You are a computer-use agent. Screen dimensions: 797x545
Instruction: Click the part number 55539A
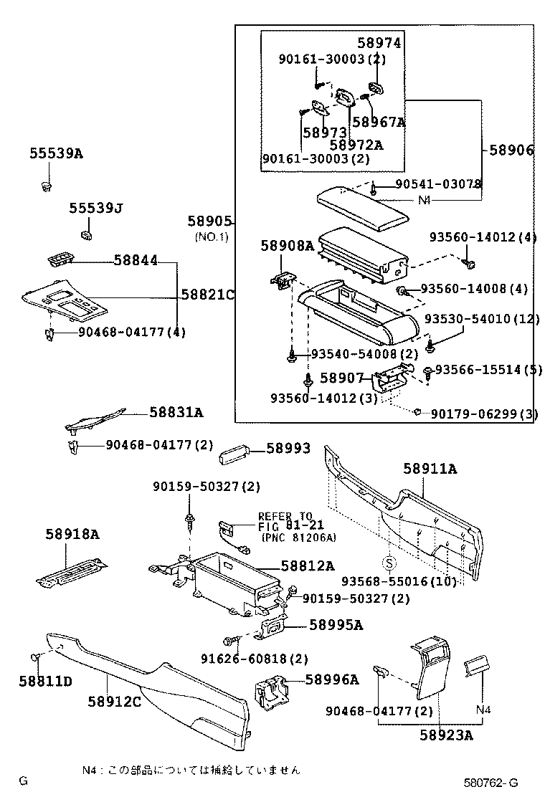[56, 153]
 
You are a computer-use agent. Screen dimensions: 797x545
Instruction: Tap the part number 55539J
[96, 209]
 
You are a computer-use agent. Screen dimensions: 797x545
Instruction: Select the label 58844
[136, 262]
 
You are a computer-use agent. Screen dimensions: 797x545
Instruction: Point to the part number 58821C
[208, 295]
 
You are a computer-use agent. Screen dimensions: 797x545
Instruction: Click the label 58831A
[176, 412]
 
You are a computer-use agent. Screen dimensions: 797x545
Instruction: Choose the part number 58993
[288, 449]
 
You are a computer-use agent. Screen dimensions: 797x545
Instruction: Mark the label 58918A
[72, 534]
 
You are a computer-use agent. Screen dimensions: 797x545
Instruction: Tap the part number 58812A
[308, 566]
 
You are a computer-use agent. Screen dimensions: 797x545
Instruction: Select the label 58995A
[336, 625]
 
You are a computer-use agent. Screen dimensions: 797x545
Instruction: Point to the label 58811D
[45, 681]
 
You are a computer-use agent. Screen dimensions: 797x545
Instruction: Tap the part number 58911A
[430, 469]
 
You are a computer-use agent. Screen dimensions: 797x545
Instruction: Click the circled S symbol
[388, 561]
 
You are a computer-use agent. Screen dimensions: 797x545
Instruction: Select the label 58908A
[288, 246]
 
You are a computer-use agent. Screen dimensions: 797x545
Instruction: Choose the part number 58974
[379, 43]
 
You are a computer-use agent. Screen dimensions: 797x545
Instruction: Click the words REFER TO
[285, 516]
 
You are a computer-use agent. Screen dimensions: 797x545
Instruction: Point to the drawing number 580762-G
[489, 781]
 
